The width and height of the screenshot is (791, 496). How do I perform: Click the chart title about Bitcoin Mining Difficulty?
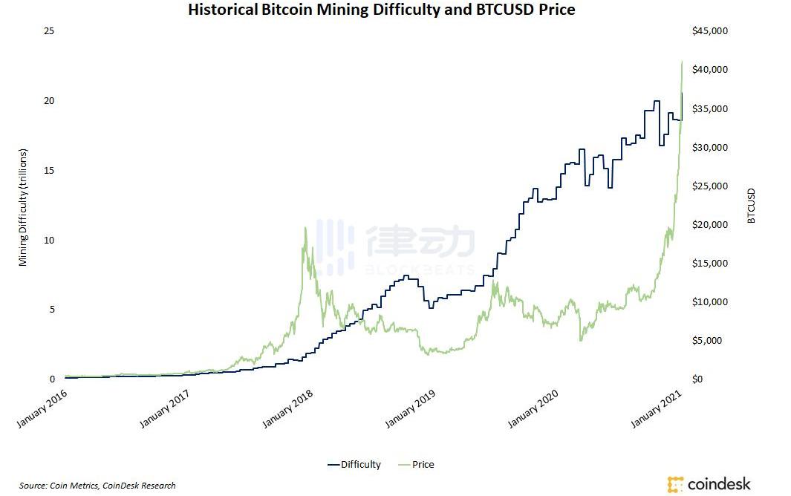point(381,10)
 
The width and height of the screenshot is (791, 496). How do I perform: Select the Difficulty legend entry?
point(354,465)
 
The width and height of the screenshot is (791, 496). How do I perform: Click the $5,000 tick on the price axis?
point(706,341)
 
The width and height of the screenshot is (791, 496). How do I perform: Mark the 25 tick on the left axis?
point(50,31)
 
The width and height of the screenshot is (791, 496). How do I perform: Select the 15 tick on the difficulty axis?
point(50,171)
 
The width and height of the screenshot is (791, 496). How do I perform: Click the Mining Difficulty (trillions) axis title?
point(23,207)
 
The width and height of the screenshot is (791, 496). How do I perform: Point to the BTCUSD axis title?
point(751,205)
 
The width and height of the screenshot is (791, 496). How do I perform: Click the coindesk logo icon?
point(675,484)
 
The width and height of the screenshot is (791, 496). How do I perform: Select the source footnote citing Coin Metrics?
point(97,486)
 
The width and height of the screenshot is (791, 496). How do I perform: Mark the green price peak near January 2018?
point(305,227)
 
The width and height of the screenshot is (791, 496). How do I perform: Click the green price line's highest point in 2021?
point(682,62)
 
